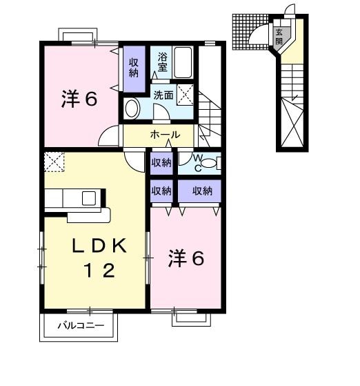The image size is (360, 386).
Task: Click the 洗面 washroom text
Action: (x=163, y=96)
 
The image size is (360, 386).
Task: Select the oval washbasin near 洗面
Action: (x=132, y=107)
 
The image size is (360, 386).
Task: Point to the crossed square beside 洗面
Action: (x=185, y=95)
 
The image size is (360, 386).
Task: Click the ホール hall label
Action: (x=166, y=135)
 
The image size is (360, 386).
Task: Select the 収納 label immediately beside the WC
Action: (x=162, y=163)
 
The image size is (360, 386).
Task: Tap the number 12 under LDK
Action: (x=98, y=271)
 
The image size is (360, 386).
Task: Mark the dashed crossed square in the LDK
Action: (x=53, y=162)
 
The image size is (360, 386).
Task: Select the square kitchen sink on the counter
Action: (x=88, y=199)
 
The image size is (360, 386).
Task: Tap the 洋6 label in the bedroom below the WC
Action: (x=186, y=260)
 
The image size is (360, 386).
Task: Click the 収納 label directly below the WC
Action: (x=202, y=191)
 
